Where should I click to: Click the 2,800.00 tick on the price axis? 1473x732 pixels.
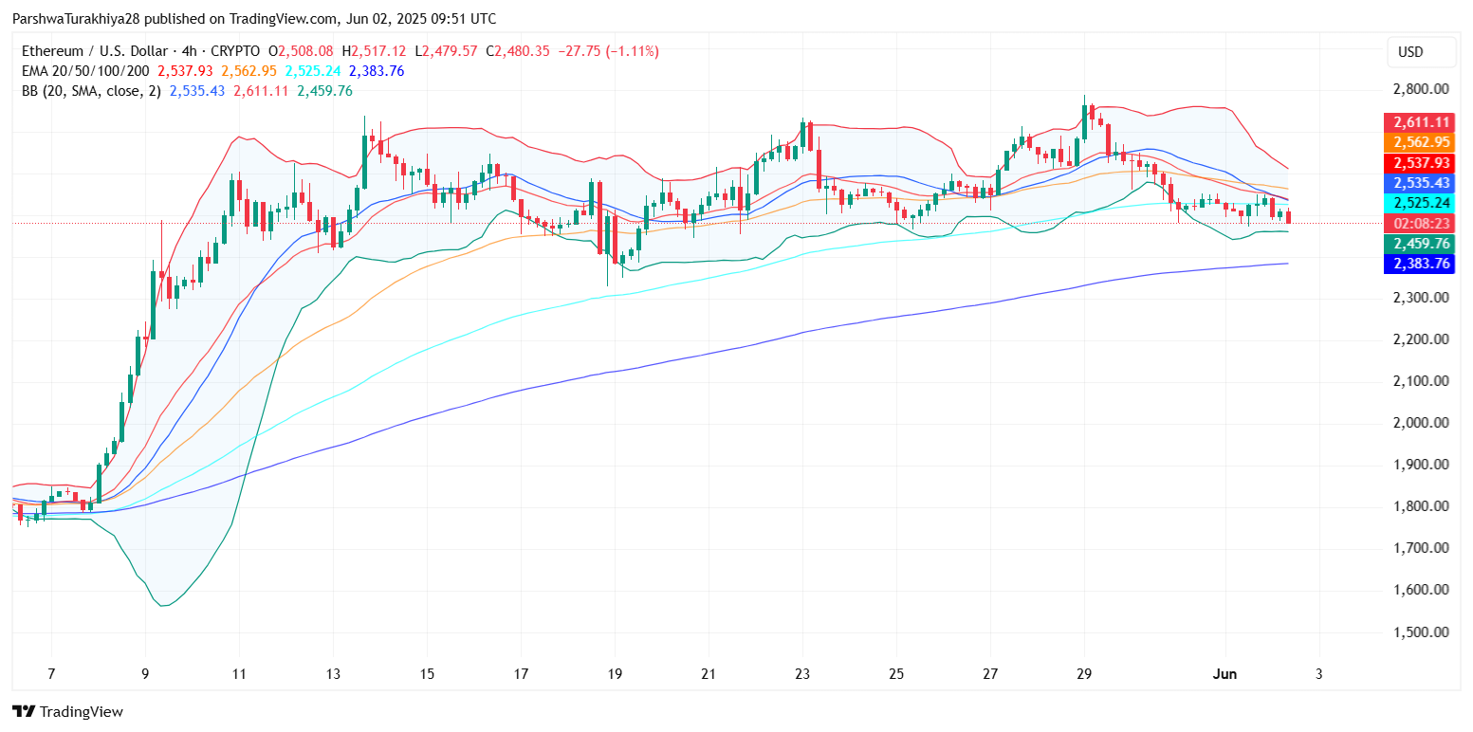point(1420,89)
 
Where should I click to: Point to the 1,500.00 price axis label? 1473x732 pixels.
point(1420,631)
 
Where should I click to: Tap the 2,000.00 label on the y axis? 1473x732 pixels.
point(1420,423)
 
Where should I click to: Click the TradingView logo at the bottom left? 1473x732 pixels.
point(67,711)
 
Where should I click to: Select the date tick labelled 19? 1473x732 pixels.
point(616,674)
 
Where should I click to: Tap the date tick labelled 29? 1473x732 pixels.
point(1085,674)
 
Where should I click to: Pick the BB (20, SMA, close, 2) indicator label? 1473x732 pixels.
point(90,91)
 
